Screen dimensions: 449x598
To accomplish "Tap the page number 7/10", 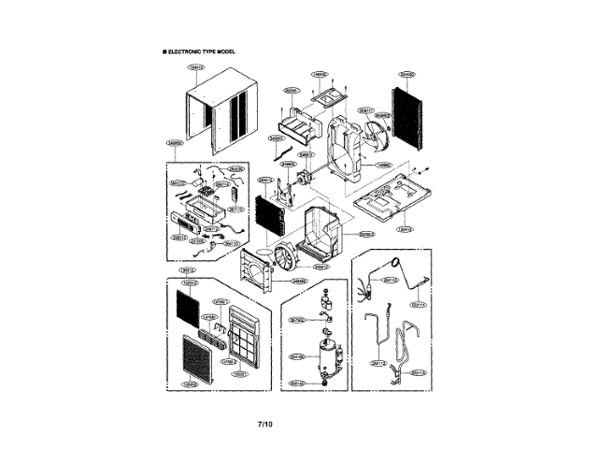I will click(265, 425).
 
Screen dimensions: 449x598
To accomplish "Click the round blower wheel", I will click(278, 257).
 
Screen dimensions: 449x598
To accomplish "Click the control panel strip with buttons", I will click(186, 224).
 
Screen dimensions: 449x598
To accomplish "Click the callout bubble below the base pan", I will click(405, 228).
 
